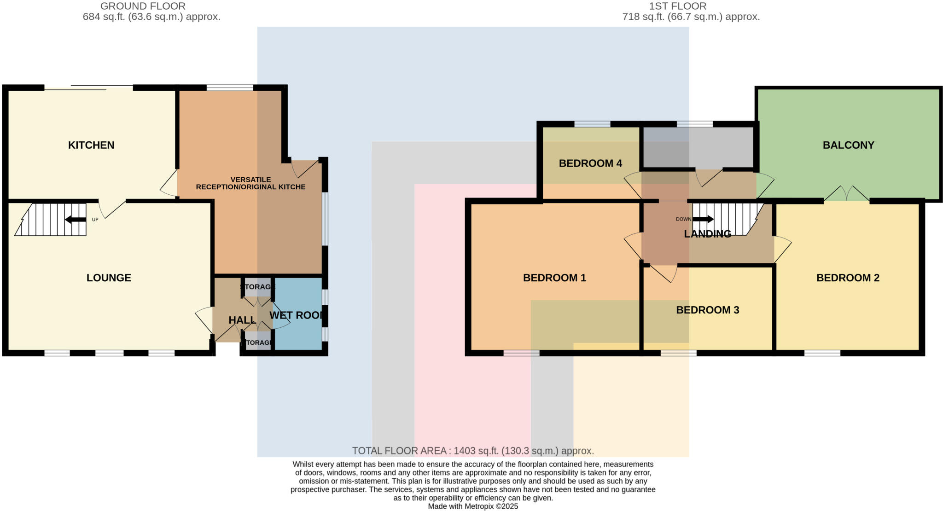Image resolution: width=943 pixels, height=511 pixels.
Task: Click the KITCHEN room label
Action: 91,145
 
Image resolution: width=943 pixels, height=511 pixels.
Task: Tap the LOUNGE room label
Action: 109,278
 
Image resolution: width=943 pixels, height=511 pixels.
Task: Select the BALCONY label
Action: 848,145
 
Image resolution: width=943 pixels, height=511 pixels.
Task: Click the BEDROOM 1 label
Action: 554,278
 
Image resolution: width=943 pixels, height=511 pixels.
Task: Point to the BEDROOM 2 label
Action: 848,278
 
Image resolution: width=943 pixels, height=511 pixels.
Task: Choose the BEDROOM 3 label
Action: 707,310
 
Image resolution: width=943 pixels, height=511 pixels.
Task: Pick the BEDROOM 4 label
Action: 590,163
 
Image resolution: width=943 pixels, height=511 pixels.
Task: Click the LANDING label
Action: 707,234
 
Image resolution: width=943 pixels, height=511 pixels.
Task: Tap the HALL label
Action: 242,320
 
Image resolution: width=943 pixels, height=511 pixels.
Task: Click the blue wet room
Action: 298,331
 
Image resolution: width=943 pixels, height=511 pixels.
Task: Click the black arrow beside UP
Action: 76,220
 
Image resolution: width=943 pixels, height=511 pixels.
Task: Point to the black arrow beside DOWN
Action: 703,219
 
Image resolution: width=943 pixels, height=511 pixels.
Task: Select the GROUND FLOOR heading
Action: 143,6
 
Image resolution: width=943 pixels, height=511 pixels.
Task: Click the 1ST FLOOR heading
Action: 677,6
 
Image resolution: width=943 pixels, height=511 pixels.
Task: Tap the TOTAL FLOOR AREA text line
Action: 473,451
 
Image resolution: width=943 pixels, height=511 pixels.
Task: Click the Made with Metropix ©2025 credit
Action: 473,506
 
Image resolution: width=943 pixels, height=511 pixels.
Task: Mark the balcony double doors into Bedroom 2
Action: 846,194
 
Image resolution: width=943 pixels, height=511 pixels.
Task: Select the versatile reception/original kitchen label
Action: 250,183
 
